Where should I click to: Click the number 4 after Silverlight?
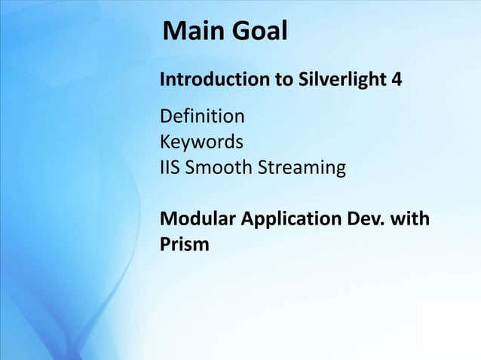tap(397, 79)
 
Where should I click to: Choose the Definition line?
tap(201, 117)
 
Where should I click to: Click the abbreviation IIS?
tap(169, 166)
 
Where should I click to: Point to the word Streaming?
tap(302, 167)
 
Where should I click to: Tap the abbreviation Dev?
tap(365, 219)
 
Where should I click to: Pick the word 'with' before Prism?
tap(411, 219)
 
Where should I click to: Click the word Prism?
tap(184, 245)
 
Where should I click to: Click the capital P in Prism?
tap(165, 245)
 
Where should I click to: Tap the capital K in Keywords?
tap(164, 142)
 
